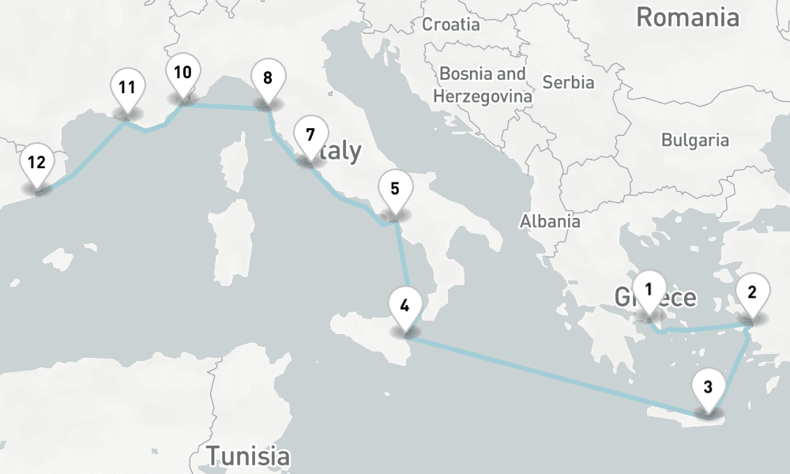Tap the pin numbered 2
coord(751,294)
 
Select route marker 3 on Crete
coord(707,388)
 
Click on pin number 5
coord(394,190)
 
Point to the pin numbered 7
coord(310,135)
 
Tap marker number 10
coord(182,74)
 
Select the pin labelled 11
coord(127,88)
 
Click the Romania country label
coord(687,17)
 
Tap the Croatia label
coord(451,24)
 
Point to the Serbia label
coord(569,81)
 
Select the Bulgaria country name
coord(695,141)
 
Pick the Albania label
coord(550,221)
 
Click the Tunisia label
coord(247,456)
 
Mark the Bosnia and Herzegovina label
coord(483,85)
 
